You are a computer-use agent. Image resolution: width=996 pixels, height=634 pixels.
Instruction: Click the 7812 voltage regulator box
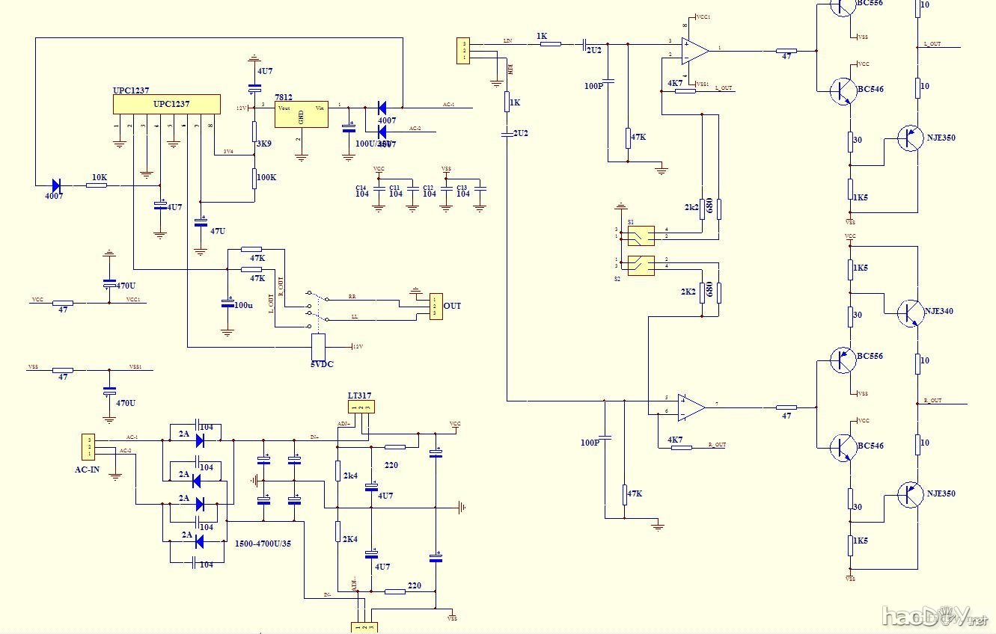[x=302, y=114]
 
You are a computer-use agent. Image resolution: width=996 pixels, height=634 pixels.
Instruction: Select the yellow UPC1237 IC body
[x=166, y=104]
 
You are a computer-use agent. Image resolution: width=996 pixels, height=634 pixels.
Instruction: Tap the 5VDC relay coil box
[x=318, y=346]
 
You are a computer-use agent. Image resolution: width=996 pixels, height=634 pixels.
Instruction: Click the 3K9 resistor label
[x=263, y=144]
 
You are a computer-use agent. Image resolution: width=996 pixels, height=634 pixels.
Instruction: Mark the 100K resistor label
[x=266, y=179]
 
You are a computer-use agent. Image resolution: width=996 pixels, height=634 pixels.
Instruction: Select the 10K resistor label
[x=99, y=177]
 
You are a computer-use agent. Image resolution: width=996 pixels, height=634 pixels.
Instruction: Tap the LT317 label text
[x=359, y=396]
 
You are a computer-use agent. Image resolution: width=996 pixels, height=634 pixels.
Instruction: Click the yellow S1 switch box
[x=641, y=236]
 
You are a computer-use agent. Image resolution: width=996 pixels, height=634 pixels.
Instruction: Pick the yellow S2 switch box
[x=641, y=265]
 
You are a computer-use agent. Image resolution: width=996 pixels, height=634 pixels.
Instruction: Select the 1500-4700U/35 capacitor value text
[x=263, y=544]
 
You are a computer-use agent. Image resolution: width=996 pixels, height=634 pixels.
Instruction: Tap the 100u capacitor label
[x=244, y=305]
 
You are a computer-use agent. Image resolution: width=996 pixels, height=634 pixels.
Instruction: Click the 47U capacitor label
[x=218, y=231]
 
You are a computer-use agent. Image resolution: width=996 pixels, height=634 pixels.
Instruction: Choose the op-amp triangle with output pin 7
[x=691, y=407]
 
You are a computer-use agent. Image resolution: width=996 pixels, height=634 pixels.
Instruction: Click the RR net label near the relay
[x=352, y=296]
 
